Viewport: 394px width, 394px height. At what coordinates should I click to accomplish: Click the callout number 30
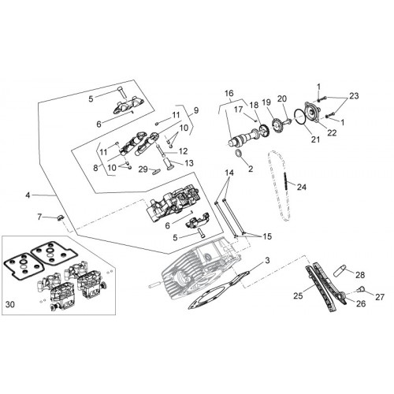(x=10, y=305)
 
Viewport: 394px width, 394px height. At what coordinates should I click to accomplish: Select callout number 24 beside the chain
(x=302, y=187)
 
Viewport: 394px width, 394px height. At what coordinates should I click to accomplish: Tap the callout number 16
(x=229, y=93)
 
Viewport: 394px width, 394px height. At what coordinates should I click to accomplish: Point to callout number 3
(x=267, y=261)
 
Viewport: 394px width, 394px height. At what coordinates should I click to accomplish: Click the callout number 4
(x=28, y=195)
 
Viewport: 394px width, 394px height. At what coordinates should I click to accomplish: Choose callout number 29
(x=143, y=169)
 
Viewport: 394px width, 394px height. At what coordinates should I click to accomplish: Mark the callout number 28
(x=360, y=275)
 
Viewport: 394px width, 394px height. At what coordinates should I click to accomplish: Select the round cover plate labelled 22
(x=312, y=113)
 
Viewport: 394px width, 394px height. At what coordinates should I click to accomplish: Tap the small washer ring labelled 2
(x=239, y=154)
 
